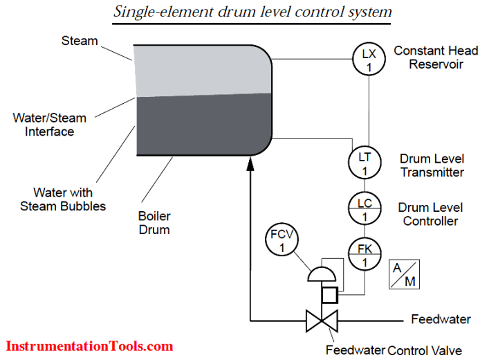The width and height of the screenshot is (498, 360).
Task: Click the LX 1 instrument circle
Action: click(368, 59)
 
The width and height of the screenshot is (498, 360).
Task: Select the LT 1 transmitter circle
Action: click(365, 162)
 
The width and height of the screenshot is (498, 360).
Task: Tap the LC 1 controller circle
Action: click(365, 209)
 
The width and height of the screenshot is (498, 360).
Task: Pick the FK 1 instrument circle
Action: click(365, 253)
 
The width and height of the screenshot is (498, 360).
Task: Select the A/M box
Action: click(405, 274)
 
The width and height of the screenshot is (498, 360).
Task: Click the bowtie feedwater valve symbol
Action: click(322, 321)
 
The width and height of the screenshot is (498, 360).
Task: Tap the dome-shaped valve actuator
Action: click(321, 275)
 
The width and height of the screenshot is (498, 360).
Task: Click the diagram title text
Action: click(252, 12)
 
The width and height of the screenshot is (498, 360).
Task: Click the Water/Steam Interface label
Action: click(49, 124)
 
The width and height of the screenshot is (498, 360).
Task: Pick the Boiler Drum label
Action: click(154, 222)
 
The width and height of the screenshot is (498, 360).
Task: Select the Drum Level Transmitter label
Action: click(432, 165)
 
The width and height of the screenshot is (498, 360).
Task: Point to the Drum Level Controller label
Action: click(430, 214)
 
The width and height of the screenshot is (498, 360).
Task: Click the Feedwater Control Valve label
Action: click(394, 350)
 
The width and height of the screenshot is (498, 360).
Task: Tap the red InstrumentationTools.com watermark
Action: click(89, 345)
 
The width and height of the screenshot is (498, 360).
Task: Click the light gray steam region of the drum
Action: click(201, 69)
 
